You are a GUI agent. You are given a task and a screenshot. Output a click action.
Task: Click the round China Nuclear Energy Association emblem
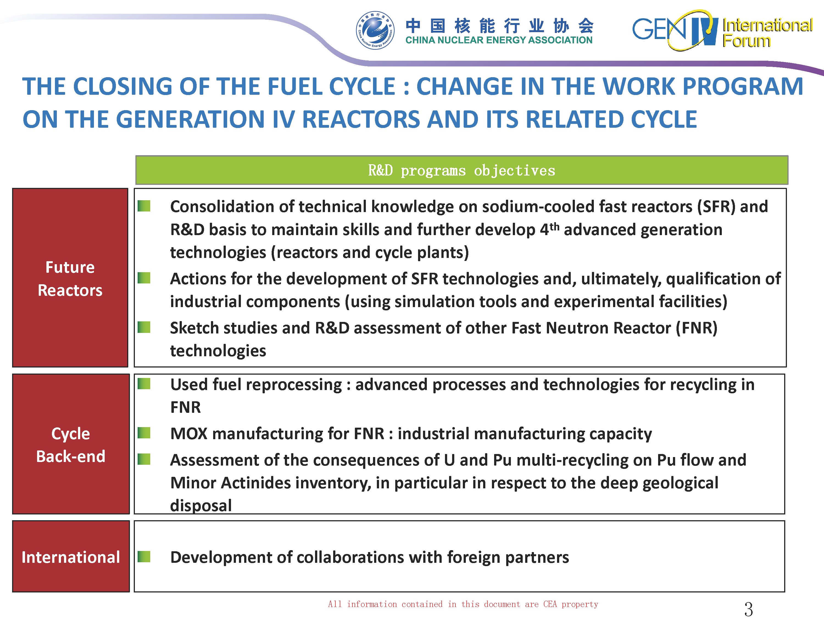[375, 30]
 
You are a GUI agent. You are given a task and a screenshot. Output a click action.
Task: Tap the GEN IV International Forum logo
[722, 30]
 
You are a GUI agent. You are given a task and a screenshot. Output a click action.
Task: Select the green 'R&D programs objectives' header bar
[461, 170]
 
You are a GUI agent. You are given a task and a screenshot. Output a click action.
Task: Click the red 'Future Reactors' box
[70, 277]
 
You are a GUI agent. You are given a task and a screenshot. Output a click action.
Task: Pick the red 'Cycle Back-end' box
[71, 444]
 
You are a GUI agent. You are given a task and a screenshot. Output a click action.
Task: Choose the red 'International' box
[71, 556]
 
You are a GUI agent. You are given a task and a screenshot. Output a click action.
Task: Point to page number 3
[748, 609]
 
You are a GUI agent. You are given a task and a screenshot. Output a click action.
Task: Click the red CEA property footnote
[463, 604]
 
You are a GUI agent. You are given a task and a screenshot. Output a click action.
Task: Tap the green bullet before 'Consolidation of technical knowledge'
[144, 206]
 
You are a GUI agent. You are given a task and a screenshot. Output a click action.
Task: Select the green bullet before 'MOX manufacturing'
[144, 433]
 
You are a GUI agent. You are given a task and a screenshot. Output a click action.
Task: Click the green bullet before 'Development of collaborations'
[144, 556]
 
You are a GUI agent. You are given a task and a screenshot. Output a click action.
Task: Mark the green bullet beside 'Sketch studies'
[144, 327]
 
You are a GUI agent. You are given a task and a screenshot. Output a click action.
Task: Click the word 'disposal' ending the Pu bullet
[201, 505]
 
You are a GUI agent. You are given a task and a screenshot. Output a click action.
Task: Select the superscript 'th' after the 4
[554, 227]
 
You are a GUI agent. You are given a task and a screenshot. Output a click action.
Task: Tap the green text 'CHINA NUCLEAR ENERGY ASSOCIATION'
[499, 40]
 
